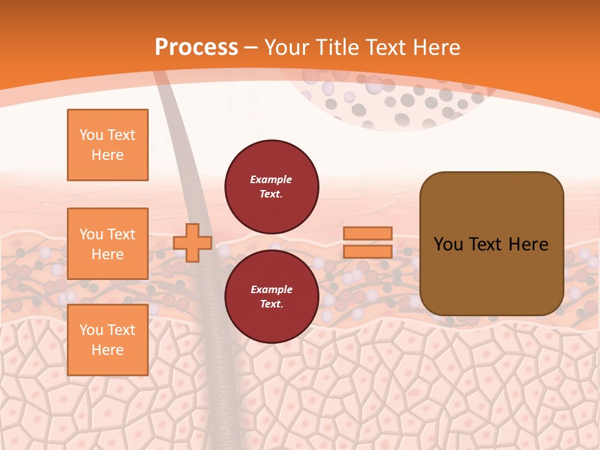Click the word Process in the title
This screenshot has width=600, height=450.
pyautogui.click(x=196, y=47)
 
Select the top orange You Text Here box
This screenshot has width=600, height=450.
pyautogui.click(x=107, y=145)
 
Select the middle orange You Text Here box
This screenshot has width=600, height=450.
pyautogui.click(x=107, y=244)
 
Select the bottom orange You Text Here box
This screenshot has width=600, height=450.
pyautogui.click(x=107, y=340)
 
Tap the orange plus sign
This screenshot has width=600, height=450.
pyautogui.click(x=192, y=242)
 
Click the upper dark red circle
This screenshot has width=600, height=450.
pyautogui.click(x=272, y=187)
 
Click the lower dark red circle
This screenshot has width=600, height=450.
pyautogui.click(x=272, y=297)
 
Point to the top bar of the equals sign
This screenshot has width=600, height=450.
pyautogui.click(x=368, y=234)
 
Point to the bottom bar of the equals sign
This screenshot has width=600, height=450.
pyautogui.click(x=368, y=251)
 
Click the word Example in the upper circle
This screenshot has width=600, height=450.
pyautogui.click(x=271, y=179)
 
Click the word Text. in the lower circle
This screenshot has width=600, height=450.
pyautogui.click(x=271, y=304)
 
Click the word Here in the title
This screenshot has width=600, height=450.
pyautogui.click(x=436, y=47)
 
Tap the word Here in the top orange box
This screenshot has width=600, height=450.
pyautogui.click(x=107, y=155)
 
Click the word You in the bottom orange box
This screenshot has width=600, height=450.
pyautogui.click(x=91, y=330)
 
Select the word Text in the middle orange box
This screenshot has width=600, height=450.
pyautogui.click(x=121, y=234)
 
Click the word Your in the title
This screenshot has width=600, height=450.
pyautogui.click(x=285, y=47)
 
